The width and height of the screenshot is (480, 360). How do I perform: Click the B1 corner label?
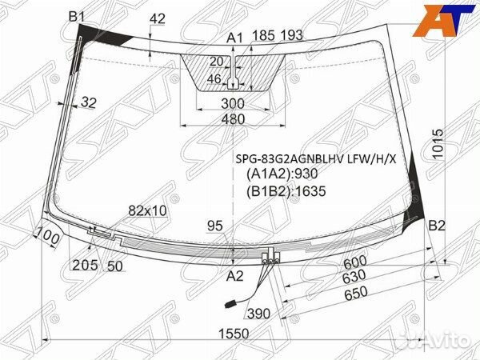tap(77, 16)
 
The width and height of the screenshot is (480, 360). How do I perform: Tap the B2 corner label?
tap(437, 226)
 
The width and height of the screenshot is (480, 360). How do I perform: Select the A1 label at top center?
tap(234, 38)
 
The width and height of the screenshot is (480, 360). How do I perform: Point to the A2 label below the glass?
tap(234, 276)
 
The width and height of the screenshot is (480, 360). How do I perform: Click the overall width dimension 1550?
tap(234, 334)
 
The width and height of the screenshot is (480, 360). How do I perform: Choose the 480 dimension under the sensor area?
tap(233, 119)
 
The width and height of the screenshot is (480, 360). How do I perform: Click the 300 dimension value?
tap(233, 104)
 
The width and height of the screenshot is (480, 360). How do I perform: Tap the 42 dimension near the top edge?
tap(158, 19)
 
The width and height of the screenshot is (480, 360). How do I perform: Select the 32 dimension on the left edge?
tap(89, 102)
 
